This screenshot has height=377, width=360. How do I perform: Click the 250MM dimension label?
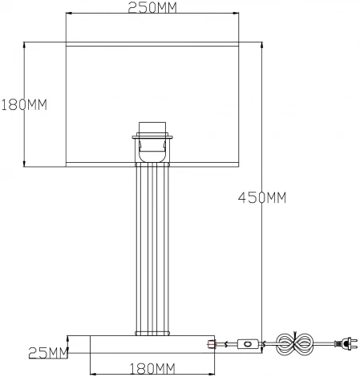tap(152, 8)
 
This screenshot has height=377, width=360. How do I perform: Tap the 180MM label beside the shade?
tap(23, 105)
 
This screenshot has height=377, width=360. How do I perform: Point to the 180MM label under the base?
tap(152, 368)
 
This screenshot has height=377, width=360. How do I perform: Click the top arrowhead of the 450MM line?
tap(263, 45)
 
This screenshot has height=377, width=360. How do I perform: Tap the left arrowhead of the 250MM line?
tap(67, 15)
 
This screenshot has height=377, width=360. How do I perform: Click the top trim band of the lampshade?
tap(152, 46)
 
